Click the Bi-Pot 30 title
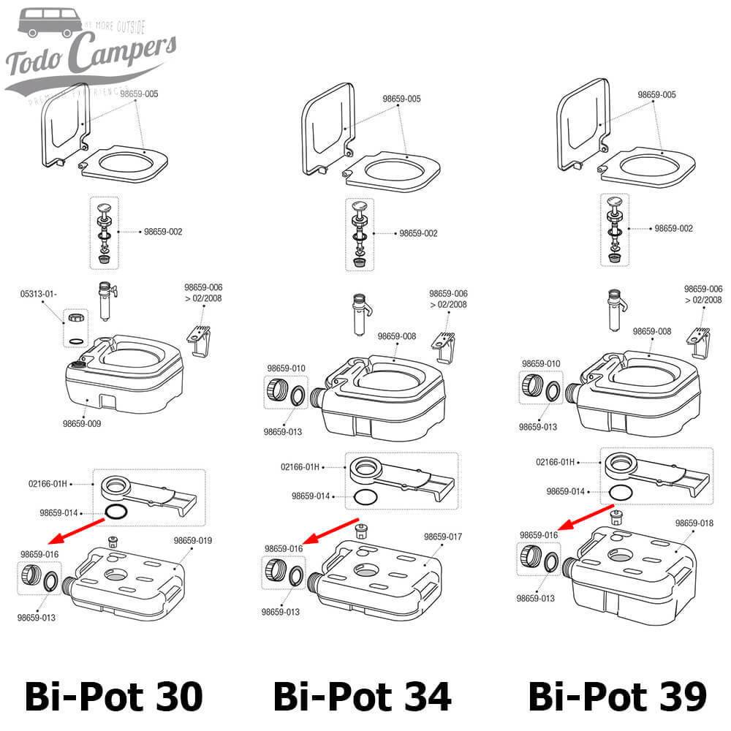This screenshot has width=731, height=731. point(113,696)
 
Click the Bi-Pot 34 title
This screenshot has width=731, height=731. point(363,696)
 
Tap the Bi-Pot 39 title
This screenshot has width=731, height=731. point(617,696)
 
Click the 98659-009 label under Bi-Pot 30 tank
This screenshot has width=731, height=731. point(83,423)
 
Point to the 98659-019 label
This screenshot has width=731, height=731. point(193,541)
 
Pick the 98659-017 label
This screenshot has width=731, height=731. point(443,537)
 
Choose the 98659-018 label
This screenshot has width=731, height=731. point(694,523)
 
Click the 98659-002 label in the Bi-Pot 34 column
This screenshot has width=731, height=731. point(418,233)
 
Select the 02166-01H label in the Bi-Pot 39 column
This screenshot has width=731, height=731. point(556,462)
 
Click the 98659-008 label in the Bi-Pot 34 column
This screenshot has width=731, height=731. point(397,336)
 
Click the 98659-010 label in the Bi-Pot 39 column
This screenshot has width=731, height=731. point(541,363)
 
